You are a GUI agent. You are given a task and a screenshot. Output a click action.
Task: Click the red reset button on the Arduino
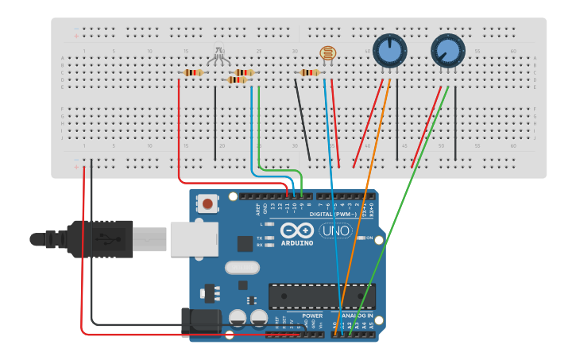point(207,203)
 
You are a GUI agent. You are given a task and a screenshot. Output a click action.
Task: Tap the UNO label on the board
point(335,230)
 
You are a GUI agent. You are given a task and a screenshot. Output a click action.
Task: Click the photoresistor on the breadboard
point(327,54)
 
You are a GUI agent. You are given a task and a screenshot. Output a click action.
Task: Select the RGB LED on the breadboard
point(218,55)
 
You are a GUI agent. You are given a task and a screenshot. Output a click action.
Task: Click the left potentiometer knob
point(389,51)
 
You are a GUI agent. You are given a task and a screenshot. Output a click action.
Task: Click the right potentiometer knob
point(447,51)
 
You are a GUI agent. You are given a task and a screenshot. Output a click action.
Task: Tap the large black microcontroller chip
point(321,296)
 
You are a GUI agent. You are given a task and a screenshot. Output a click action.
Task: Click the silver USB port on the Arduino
point(194,238)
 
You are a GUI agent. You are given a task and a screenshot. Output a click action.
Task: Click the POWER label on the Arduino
point(312,315)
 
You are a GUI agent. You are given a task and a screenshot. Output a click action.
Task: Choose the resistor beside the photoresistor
point(310,73)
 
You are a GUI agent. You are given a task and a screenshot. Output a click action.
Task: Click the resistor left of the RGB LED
point(193,73)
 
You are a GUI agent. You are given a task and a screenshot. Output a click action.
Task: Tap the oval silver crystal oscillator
point(242,268)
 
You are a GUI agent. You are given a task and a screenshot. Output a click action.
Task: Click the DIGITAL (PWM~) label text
point(323,215)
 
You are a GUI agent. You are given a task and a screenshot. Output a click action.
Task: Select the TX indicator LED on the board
point(269,238)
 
